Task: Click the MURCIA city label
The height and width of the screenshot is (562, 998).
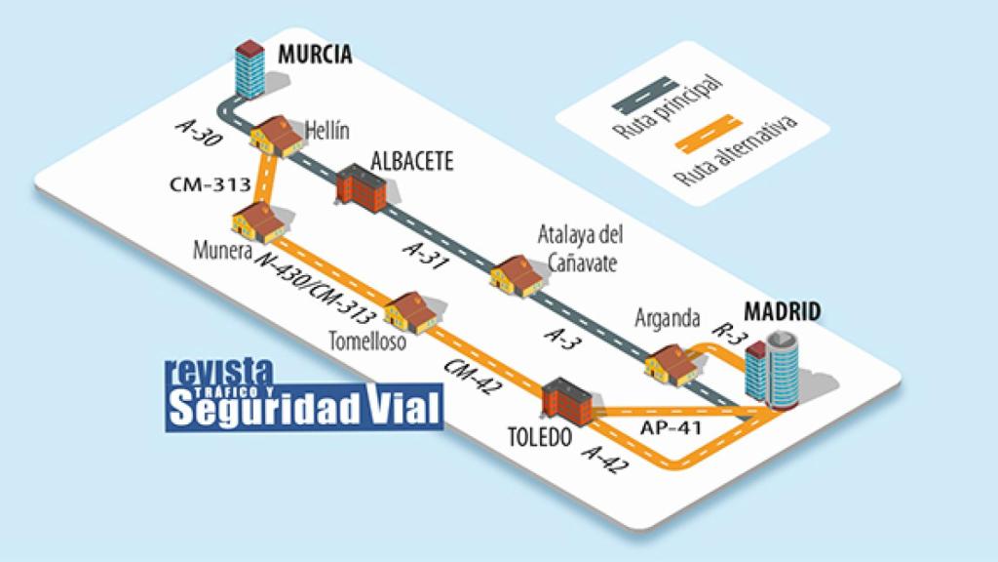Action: click(x=314, y=54)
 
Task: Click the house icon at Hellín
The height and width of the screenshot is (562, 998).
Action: click(x=277, y=136)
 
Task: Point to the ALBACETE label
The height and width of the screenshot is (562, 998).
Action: click(x=412, y=162)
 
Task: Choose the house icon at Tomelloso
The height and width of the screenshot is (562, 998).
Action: click(x=413, y=311)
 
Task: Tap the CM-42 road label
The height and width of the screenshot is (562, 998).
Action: click(x=469, y=376)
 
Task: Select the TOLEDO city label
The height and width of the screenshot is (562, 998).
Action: click(x=540, y=438)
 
